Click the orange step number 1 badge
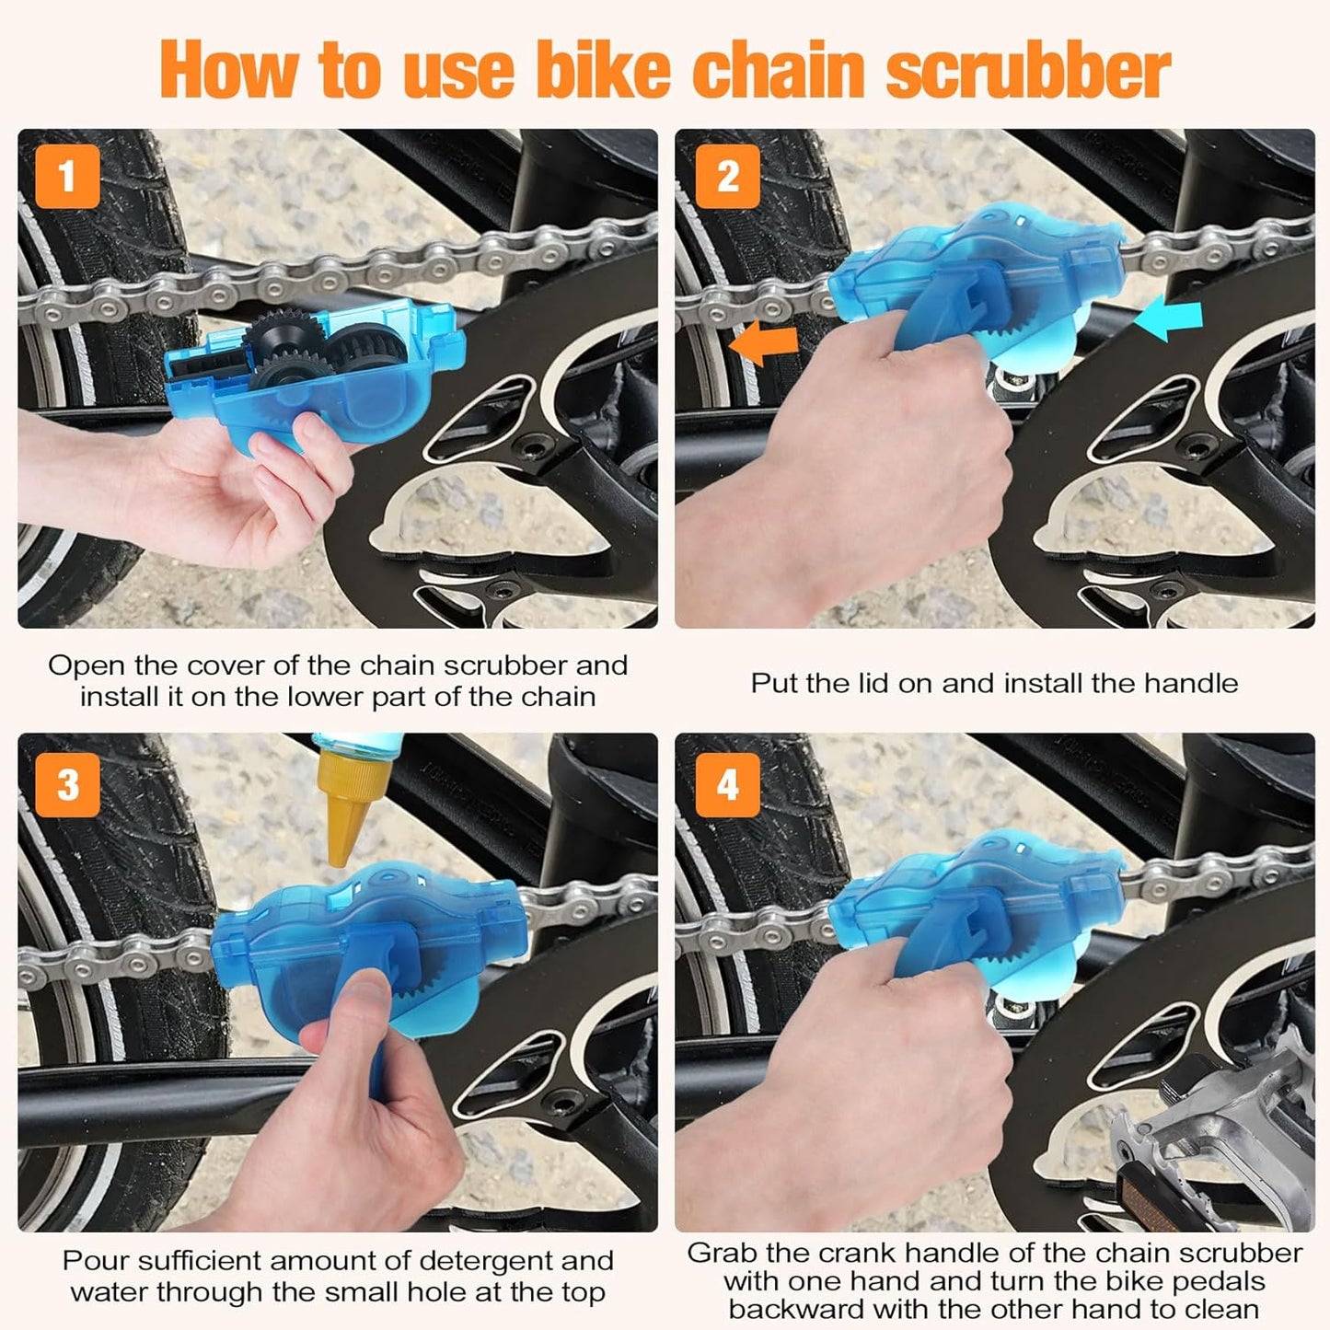click(67, 176)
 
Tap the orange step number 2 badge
click(727, 176)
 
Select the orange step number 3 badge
click(67, 785)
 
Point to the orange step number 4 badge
click(727, 785)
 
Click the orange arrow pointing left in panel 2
click(763, 343)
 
